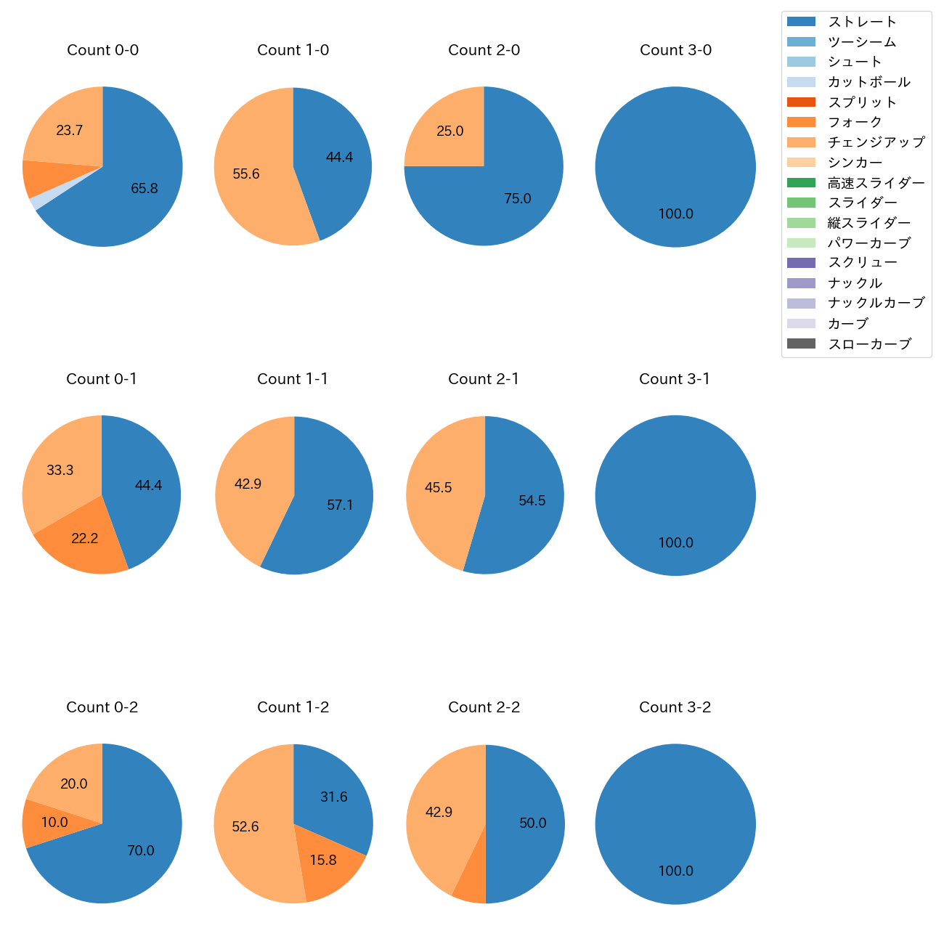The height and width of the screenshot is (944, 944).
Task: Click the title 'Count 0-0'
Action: coord(102,50)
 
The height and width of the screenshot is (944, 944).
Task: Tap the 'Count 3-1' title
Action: coord(675,379)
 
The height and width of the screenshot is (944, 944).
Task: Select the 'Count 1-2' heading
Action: coord(293,707)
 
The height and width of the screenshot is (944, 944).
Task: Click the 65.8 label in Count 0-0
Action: coord(144,189)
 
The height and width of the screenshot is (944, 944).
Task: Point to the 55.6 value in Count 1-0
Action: coord(246,174)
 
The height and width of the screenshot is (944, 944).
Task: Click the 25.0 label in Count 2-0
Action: coord(449,131)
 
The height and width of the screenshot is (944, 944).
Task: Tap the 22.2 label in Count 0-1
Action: coord(84,539)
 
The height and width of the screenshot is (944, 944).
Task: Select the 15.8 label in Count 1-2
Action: coord(323,860)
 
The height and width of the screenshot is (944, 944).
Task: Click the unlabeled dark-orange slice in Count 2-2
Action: coord(471,887)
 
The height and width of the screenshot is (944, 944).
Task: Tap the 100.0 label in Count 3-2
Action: coord(675,871)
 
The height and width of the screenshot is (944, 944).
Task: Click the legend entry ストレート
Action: coord(862,22)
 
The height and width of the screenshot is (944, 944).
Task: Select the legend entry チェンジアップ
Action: coord(876,142)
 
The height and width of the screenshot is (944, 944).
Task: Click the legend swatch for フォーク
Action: coord(801,122)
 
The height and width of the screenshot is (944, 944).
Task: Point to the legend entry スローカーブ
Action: coord(869,344)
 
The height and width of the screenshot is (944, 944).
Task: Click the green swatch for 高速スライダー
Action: coord(801,183)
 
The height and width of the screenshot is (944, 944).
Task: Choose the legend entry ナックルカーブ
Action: coord(876,304)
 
